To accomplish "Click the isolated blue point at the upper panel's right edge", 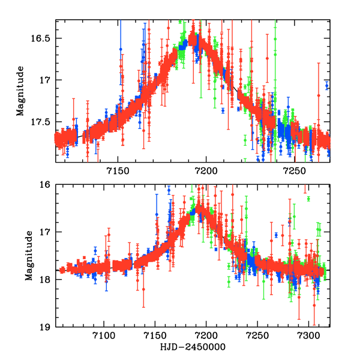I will [x=327, y=86].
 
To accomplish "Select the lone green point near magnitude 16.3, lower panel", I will [x=308, y=199].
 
